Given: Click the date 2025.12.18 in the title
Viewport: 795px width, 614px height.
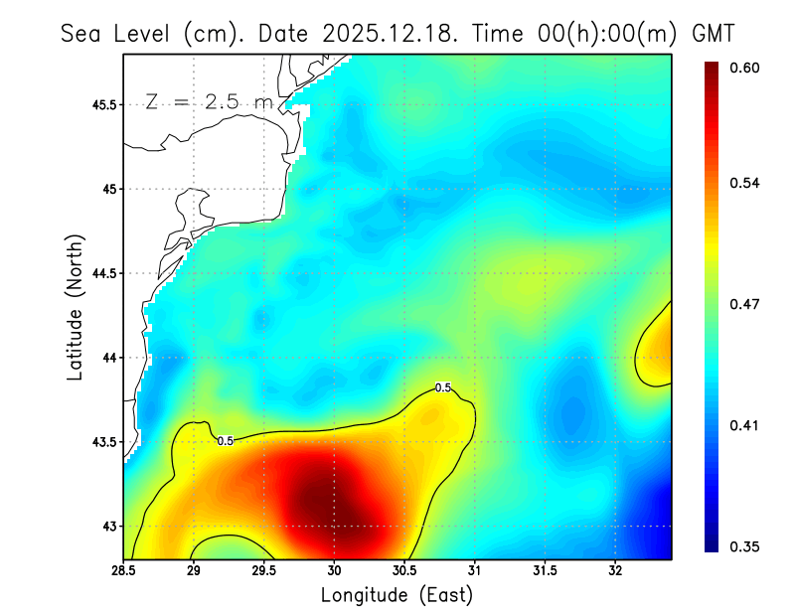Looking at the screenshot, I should tap(389, 33).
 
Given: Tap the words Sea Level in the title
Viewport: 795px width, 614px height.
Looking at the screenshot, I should tap(115, 33).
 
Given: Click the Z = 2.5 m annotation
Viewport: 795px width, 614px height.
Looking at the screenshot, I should tap(209, 102).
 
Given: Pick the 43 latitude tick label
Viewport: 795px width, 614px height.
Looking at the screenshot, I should tap(109, 526).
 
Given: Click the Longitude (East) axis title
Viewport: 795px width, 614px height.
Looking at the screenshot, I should tap(397, 595).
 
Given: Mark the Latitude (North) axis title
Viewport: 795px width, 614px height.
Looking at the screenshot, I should tap(76, 308).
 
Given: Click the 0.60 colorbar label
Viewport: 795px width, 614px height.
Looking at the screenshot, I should tap(744, 68).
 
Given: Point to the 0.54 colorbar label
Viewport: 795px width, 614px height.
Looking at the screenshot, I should tap(744, 183).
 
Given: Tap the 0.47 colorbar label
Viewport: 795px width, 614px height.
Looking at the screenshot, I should tap(744, 304).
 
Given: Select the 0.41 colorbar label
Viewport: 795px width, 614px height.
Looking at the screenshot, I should tap(744, 425).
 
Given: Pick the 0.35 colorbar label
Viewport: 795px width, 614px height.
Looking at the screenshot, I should tap(744, 546).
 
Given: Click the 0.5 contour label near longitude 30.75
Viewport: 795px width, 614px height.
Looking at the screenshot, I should tap(443, 387).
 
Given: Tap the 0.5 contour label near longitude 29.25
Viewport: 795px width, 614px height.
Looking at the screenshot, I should tap(226, 440).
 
